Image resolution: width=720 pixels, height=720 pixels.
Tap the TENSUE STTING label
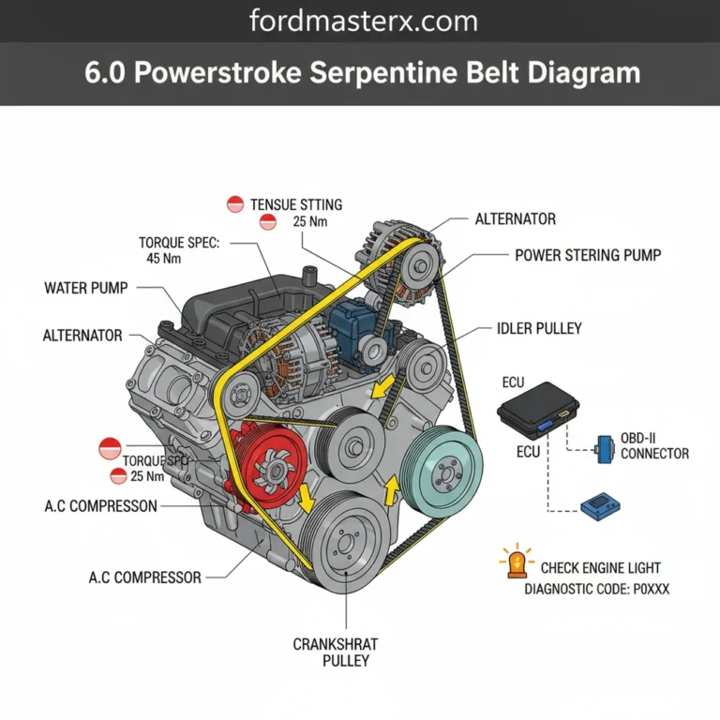(x=296, y=203)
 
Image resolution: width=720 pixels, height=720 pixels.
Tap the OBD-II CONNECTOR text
(x=654, y=446)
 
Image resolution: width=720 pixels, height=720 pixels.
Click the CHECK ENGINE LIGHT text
(x=600, y=567)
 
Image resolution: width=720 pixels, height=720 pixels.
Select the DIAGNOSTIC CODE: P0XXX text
(x=597, y=590)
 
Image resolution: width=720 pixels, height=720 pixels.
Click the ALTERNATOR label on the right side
(x=515, y=219)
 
